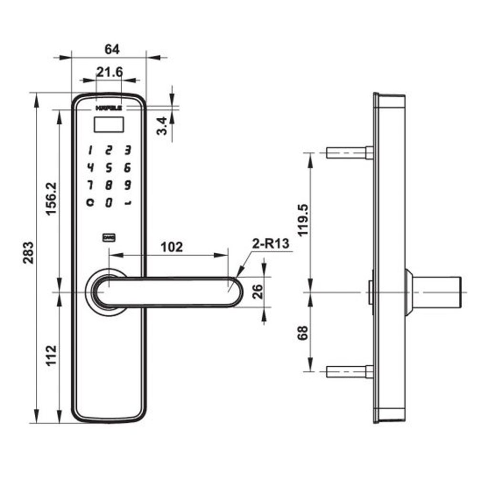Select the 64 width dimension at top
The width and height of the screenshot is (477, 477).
point(112,49)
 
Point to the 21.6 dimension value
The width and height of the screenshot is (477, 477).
point(109,72)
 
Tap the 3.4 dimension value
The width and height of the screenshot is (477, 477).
point(163,126)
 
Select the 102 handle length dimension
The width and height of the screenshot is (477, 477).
point(172,247)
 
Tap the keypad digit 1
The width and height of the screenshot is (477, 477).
point(90,151)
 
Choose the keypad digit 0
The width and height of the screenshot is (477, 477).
point(109,202)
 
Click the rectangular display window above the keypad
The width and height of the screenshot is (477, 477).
point(109,125)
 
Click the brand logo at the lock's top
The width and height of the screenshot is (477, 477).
point(109,108)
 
